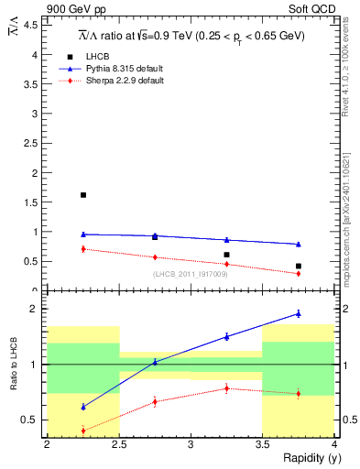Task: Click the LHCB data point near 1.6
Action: (x=83, y=195)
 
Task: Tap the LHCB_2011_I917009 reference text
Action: (x=190, y=274)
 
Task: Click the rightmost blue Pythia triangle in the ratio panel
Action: (x=298, y=313)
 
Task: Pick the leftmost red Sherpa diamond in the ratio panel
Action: (x=83, y=431)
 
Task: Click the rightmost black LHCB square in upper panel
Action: (x=298, y=266)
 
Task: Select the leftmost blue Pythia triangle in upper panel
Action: (x=83, y=234)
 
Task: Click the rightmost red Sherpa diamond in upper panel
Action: (x=298, y=273)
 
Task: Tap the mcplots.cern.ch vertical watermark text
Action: (x=351, y=220)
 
